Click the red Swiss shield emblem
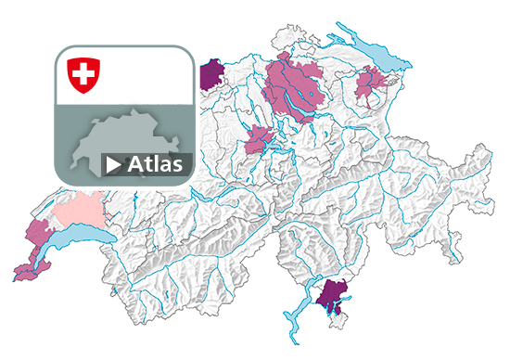click(83, 74)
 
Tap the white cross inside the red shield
click(83, 72)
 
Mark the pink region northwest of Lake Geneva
click(38, 232)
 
